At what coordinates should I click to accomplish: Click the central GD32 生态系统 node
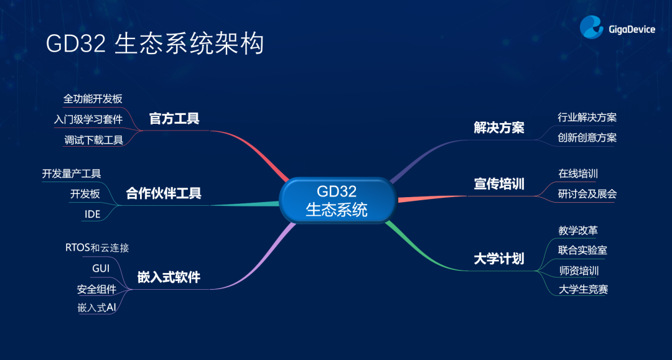click(337, 200)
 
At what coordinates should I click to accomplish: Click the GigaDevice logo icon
click(592, 27)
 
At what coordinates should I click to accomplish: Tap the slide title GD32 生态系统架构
click(155, 44)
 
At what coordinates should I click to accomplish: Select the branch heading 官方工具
click(174, 119)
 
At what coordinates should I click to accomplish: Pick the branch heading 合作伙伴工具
click(164, 193)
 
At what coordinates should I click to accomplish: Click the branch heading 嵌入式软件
click(169, 277)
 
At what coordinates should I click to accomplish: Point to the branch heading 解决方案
click(499, 127)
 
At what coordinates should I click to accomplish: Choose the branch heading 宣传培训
click(499, 183)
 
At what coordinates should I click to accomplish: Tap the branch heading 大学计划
click(499, 259)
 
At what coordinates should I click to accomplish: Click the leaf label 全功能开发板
click(93, 99)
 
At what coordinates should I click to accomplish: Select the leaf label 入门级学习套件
click(88, 119)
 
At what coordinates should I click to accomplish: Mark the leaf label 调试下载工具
click(94, 140)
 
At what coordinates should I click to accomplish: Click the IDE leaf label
click(93, 214)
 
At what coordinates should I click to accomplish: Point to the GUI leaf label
click(101, 269)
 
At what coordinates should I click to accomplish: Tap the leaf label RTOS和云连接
click(97, 247)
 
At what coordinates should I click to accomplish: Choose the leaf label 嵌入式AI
click(97, 307)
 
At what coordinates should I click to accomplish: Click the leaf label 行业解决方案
click(587, 118)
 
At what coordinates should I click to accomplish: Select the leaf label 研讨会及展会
click(587, 194)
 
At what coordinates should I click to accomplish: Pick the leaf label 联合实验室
click(582, 250)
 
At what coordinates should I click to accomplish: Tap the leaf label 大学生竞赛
click(583, 289)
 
